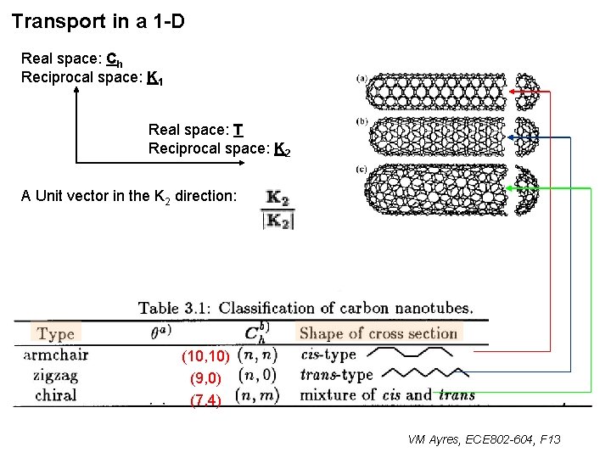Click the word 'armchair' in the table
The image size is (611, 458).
coord(55,355)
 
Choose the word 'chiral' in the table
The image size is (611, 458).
coord(55,394)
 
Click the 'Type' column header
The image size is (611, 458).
coord(56,333)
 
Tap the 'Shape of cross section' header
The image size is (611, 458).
coord(378,333)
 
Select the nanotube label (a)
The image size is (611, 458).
coord(362,80)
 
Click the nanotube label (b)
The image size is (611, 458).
coord(362,122)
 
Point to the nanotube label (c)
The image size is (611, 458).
coord(362,170)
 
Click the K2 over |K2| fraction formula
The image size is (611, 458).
coord(277,209)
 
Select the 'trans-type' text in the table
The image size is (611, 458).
coord(336,374)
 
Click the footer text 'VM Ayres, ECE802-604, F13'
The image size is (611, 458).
coord(484,438)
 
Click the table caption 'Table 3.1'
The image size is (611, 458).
coord(171,308)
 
